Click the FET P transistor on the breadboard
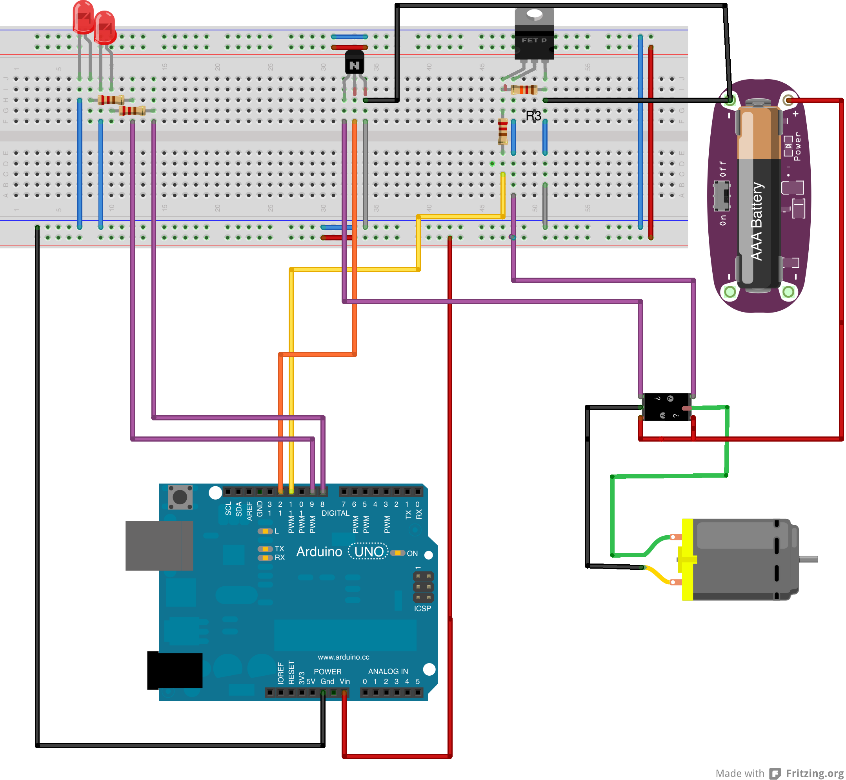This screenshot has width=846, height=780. click(x=534, y=40)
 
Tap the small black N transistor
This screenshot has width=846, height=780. click(x=354, y=63)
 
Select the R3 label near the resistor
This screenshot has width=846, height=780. click(x=533, y=116)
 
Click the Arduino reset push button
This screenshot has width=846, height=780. click(x=180, y=497)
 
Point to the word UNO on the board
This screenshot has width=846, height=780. click(x=369, y=552)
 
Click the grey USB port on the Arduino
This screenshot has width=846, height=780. click(x=159, y=545)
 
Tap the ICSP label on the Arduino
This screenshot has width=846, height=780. click(x=422, y=609)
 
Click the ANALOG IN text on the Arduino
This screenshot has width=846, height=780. click(x=388, y=671)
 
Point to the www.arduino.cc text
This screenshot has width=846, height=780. click(x=343, y=657)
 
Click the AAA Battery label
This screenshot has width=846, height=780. click(x=757, y=222)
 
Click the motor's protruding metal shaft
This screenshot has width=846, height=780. click(x=808, y=559)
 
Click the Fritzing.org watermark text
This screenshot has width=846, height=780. click(x=814, y=773)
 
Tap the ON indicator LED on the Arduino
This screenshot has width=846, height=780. click(x=397, y=553)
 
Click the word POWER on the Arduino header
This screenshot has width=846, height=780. click(x=327, y=671)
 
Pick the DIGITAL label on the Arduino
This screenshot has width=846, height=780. click(x=335, y=513)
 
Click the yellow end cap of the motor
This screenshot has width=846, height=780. click(x=687, y=560)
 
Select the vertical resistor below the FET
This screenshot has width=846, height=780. click(x=502, y=131)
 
